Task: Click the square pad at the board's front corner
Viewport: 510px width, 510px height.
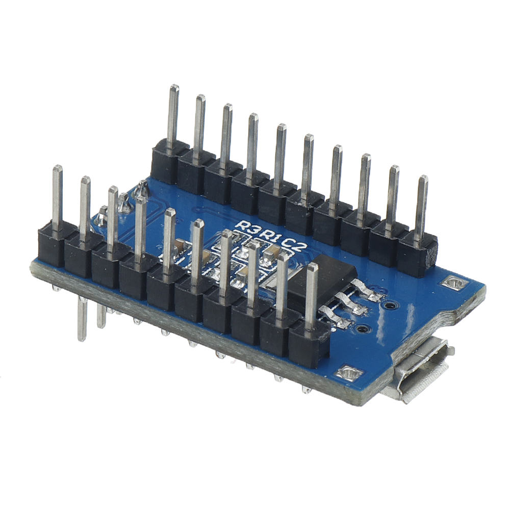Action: tap(350, 373)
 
